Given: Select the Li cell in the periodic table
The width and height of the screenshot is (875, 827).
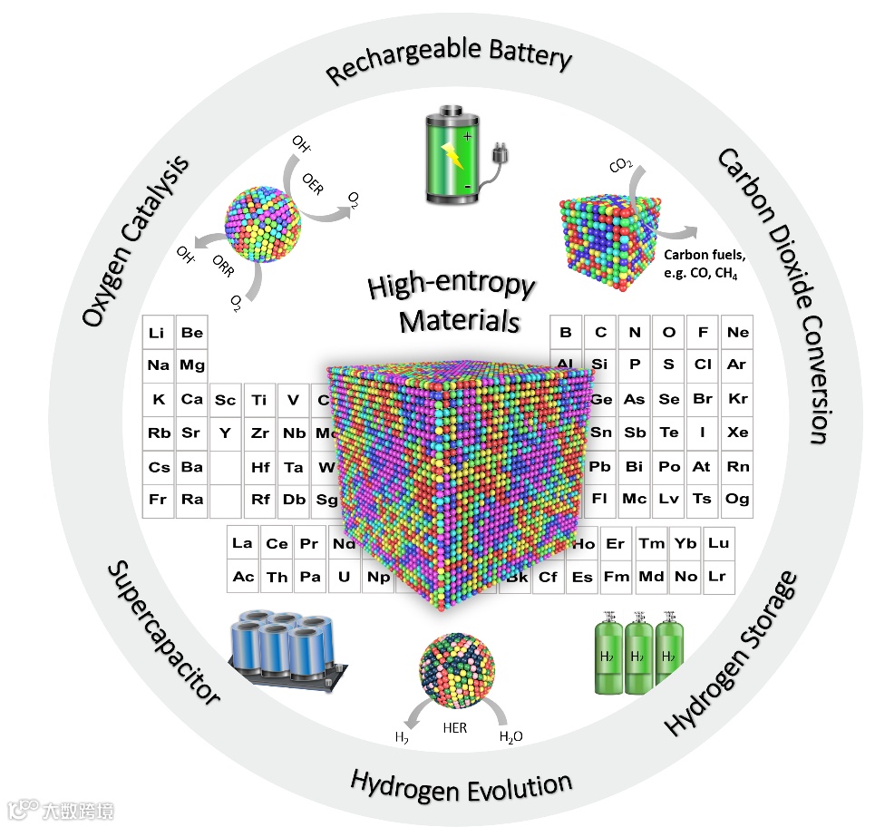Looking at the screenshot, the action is click(158, 333).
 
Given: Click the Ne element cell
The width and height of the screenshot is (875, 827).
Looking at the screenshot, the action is click(738, 333).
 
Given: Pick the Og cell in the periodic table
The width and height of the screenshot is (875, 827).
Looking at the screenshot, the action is click(738, 499).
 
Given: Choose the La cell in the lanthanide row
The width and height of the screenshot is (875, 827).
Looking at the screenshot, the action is click(242, 544).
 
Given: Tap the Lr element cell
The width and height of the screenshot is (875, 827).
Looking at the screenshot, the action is click(717, 576).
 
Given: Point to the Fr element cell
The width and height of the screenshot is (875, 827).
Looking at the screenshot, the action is click(158, 499).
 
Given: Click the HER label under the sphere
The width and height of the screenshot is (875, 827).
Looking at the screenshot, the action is click(454, 727).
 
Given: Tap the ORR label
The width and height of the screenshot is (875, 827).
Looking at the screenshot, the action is click(223, 269).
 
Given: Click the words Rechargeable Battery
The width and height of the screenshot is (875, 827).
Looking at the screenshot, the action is click(449, 62).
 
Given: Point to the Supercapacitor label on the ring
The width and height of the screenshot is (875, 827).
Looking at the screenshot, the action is click(164, 632).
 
